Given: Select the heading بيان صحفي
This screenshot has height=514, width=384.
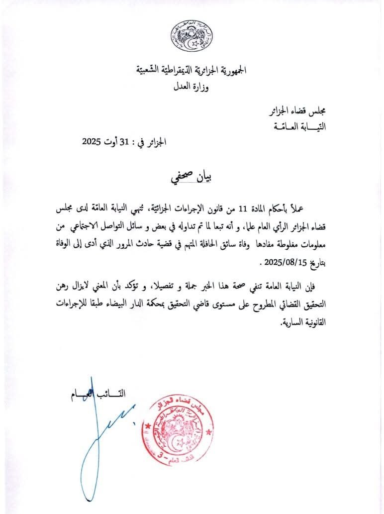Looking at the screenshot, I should [192, 178].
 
